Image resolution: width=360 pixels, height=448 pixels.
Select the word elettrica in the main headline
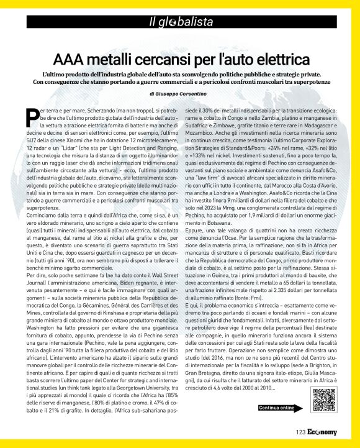point(279,60)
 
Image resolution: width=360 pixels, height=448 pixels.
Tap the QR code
point(320,400)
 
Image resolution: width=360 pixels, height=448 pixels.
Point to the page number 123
point(300,432)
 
